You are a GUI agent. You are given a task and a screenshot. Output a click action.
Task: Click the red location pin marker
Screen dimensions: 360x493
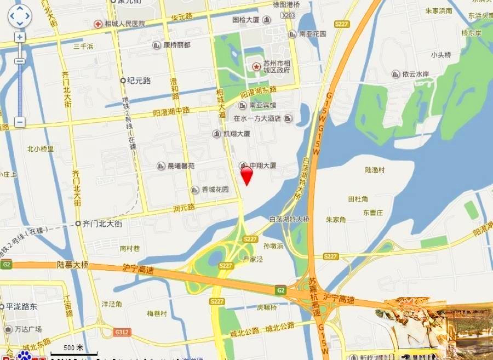tap(247, 175)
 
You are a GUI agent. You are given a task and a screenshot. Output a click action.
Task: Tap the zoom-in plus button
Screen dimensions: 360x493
tap(20, 37)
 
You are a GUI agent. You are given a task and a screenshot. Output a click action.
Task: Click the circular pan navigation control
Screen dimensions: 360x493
tap(20, 16)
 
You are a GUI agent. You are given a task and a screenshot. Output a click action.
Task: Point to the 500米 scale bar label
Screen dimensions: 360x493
tap(73, 347)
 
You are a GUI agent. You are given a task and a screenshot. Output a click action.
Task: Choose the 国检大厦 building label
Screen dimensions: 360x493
tap(246, 20)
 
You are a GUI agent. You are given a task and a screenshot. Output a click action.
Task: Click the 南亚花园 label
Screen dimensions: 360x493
tap(312, 34)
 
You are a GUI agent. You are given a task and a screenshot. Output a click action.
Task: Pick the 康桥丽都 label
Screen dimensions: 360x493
tap(176, 45)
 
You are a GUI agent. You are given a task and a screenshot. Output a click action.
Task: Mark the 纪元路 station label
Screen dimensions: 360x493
tap(139, 81)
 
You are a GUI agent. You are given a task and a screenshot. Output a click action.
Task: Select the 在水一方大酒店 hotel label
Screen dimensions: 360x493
tap(257, 118)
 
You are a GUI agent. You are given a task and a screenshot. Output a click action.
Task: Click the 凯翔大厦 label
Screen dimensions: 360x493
tap(236, 134)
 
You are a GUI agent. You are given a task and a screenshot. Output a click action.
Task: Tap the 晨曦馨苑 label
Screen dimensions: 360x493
tap(180, 165)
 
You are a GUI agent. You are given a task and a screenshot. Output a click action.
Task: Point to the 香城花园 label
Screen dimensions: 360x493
tap(215, 190)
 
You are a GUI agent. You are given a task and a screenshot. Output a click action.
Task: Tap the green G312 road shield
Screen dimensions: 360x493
tap(121, 332)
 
